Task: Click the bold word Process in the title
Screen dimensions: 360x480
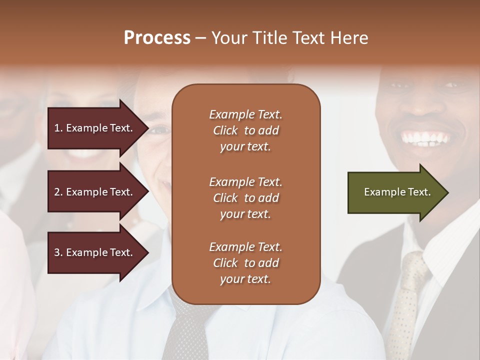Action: point(157,38)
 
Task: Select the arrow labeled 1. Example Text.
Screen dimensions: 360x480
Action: point(95,128)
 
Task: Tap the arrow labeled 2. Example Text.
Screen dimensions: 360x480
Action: point(95,192)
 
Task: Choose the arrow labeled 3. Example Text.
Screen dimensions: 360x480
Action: point(95,253)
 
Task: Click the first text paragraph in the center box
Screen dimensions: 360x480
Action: point(245,130)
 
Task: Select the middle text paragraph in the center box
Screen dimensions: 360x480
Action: point(245,198)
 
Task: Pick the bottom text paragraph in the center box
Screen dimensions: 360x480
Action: point(245,263)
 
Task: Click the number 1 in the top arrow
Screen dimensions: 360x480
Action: point(57,128)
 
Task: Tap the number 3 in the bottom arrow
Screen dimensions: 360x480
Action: point(57,253)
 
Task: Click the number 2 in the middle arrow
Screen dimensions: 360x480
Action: point(57,192)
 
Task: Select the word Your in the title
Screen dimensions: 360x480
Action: point(227,38)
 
